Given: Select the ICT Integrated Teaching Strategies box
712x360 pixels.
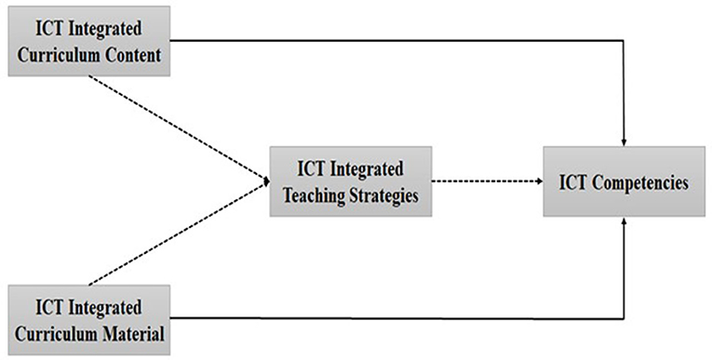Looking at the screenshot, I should tap(351, 182).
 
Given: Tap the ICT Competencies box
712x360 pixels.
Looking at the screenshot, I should tap(623, 182).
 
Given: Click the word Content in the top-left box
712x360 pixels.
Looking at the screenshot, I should tap(129, 56).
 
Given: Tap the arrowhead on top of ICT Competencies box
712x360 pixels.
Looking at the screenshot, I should tap(623, 142).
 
